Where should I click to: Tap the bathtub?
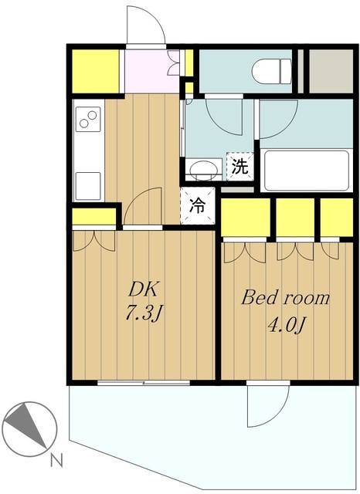[307, 171]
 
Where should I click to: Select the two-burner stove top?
[88, 119]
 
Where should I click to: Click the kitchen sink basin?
[88, 186]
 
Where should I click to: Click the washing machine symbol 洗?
[240, 167]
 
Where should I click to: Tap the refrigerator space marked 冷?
[198, 206]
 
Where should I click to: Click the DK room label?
[143, 289]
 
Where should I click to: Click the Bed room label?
[285, 297]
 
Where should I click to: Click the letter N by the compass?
[56, 461]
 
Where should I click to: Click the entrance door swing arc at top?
[146, 24]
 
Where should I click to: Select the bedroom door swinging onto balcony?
[268, 406]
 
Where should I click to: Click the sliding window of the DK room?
[144, 383]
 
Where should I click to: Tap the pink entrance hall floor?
[152, 71]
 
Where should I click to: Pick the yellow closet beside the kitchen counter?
[94, 216]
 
